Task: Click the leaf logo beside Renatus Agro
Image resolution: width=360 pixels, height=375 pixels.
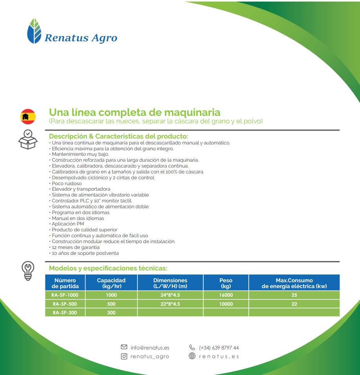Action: pos(34,31)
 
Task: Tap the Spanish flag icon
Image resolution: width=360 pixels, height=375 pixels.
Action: pos(28,117)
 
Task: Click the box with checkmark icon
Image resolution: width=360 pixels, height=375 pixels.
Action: pos(28,139)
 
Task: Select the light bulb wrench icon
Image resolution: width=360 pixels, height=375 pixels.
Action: pos(28,271)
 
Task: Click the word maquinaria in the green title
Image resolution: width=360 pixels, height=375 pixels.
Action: pos(192,112)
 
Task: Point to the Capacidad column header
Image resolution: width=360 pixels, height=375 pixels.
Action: pos(111,283)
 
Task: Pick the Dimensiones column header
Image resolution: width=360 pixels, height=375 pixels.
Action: pos(170,283)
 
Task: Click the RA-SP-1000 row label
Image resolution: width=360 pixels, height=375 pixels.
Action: pos(65,295)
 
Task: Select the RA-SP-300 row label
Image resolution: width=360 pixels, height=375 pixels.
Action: pos(65,313)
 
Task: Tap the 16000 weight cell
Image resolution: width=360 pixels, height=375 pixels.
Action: pos(226,295)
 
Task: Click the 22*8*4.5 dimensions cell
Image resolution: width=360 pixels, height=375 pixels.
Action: pos(170,304)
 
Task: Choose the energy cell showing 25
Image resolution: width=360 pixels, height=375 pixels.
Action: pos(294,295)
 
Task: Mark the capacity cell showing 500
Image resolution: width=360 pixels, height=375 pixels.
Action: pos(111,304)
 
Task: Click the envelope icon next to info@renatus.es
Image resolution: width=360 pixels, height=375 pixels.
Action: pos(124,347)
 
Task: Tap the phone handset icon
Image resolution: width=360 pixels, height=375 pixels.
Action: pos(192,347)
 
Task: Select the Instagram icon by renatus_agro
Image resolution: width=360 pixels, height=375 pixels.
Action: pos(124,356)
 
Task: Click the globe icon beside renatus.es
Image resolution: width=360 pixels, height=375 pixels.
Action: pos(192,356)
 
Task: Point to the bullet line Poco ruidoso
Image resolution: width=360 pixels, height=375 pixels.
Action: pos(65,184)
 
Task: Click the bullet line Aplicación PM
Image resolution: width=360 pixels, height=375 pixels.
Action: pos(67,224)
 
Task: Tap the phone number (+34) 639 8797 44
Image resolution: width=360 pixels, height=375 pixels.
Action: pos(219,348)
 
